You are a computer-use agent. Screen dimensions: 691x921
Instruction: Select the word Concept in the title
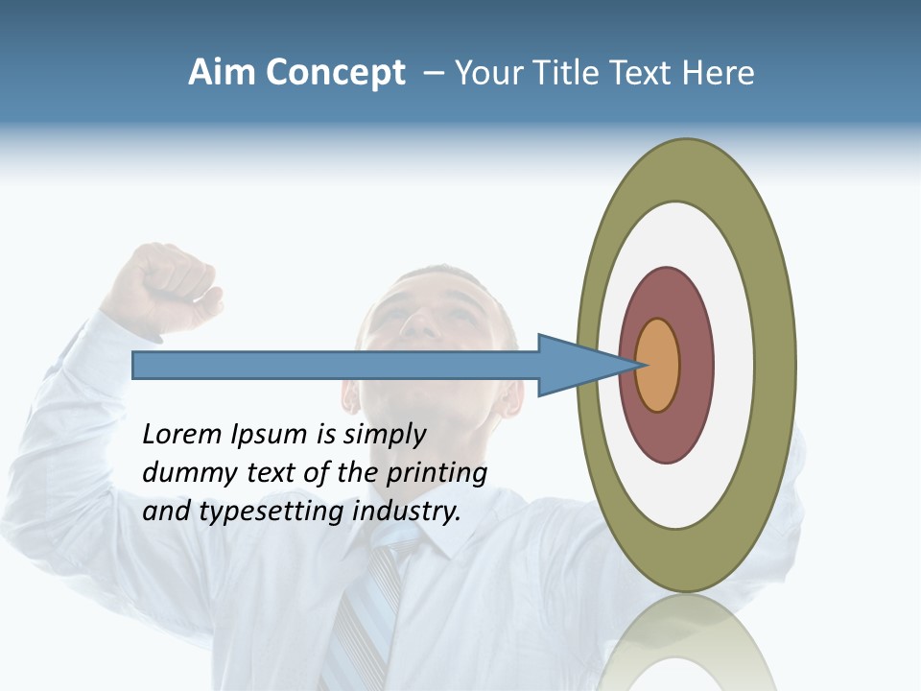tap(335, 73)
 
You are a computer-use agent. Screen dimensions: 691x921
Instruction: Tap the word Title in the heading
tap(568, 73)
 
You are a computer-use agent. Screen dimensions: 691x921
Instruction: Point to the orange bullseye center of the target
tap(658, 366)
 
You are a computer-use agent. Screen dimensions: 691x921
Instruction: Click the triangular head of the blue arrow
tap(576, 366)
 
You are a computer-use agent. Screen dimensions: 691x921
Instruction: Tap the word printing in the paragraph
tap(437, 474)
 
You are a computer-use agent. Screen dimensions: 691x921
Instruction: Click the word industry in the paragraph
tap(407, 512)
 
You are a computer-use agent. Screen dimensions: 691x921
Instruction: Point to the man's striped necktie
tap(369, 614)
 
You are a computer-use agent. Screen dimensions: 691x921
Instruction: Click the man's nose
tap(418, 324)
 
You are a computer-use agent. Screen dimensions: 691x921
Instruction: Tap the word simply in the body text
tap(384, 436)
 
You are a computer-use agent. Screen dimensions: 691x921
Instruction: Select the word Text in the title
tap(643, 73)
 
